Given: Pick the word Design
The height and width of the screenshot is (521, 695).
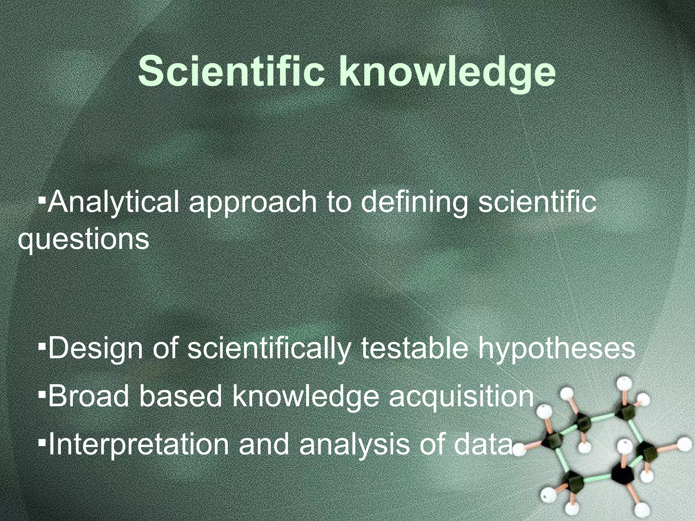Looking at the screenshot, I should coord(95,349).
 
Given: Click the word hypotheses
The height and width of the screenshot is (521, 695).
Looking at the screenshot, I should coord(557,349).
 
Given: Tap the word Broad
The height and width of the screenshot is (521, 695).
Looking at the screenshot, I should coord(89,396).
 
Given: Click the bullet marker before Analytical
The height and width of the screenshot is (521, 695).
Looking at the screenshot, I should coord(42,197).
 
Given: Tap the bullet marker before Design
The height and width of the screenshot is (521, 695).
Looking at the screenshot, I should coord(42,346).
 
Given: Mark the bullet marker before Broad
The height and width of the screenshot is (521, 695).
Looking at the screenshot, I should coord(42,393).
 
